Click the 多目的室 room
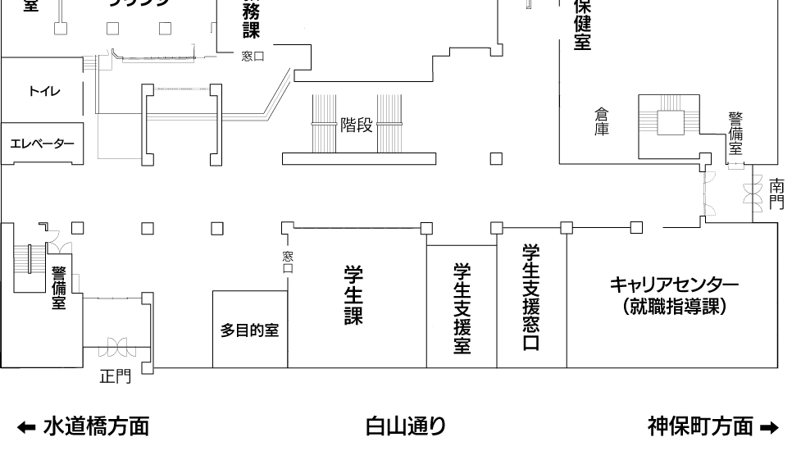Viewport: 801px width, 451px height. coord(250,331)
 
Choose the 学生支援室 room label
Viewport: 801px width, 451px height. coord(461,307)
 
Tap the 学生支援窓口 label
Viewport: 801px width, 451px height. coord(530,297)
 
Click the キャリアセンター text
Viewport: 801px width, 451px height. coord(673,285)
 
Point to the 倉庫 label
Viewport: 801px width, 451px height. coord(602,121)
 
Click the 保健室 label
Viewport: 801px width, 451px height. coord(583,25)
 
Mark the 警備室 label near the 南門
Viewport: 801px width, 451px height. coord(735,134)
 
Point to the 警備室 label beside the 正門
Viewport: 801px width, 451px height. coord(59,286)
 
